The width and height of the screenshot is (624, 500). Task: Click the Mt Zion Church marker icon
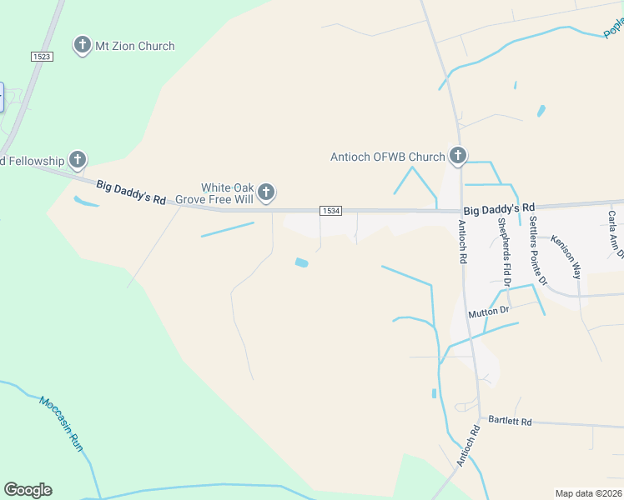coord(83,45)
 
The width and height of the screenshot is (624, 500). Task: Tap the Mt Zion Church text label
coord(136,46)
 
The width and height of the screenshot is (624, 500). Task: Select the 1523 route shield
coord(42,56)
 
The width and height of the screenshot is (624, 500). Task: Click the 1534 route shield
coord(330,211)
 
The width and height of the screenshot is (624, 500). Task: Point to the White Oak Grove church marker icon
coord(266,193)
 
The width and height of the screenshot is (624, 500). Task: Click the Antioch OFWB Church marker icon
coord(458,155)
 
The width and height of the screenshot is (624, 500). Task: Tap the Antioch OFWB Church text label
coord(388,157)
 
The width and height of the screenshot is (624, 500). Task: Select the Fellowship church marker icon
coord(78,159)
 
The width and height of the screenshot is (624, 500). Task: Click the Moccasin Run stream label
coord(62,423)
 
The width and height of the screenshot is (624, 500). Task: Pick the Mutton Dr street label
coord(488,312)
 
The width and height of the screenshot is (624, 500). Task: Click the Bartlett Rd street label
coord(510,421)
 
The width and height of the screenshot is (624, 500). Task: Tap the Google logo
coord(28,490)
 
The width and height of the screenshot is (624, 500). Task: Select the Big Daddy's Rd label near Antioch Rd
coord(498,207)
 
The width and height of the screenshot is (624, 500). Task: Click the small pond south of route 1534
coord(301,263)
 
